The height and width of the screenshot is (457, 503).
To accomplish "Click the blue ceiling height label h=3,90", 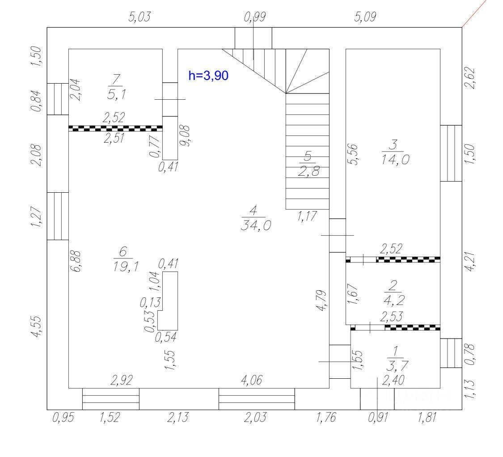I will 208,76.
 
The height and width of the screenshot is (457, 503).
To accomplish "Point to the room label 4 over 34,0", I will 254,218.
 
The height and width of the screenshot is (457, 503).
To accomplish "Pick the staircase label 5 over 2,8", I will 309,163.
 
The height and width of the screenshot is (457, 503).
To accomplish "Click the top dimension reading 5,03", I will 139,17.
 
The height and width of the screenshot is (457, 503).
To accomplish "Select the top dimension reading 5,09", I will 365,17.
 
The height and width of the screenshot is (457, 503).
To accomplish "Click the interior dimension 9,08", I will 186,135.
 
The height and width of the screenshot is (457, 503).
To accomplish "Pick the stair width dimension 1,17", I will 307,216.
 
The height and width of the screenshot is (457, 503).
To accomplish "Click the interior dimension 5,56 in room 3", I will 353,154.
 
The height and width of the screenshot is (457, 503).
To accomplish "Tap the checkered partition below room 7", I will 115,128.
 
